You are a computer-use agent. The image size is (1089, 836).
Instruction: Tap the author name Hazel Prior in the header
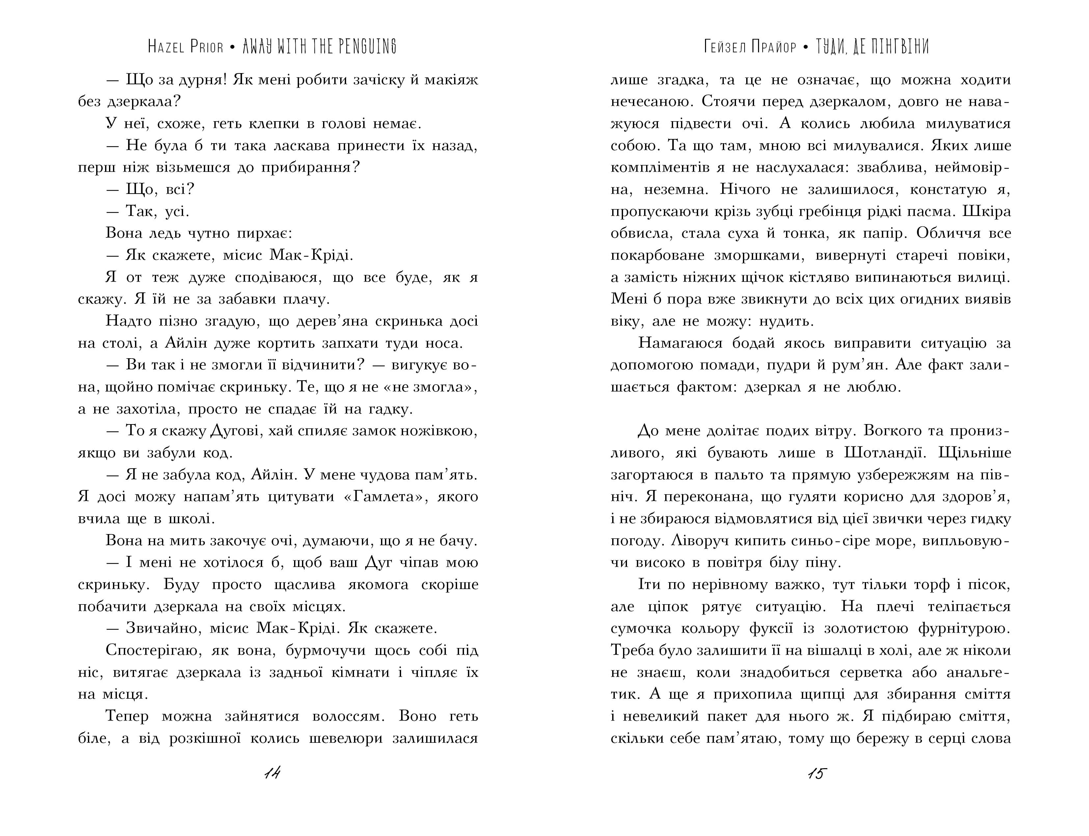tap(186, 47)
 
